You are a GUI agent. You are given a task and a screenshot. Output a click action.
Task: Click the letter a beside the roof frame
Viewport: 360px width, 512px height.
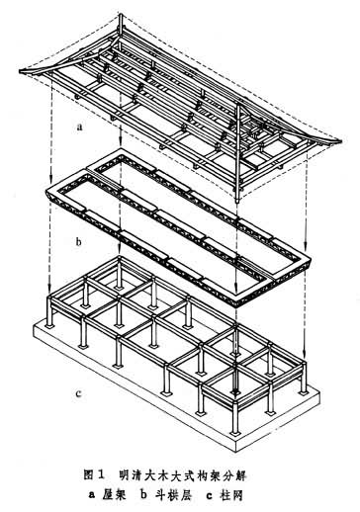coord(79,128)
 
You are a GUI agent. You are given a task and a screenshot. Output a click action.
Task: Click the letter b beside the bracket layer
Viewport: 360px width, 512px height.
coord(79,241)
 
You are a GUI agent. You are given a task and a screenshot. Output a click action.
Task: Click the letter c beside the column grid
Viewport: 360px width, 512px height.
coord(78,393)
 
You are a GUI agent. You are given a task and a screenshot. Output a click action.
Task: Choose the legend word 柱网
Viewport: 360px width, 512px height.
coord(231,495)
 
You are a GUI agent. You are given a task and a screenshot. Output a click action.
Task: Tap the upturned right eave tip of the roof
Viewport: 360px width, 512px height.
coord(339,141)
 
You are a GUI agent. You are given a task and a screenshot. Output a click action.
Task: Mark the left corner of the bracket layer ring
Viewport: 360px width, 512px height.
coord(46,190)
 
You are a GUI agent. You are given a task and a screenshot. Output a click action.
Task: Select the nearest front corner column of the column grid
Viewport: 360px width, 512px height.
coord(234,416)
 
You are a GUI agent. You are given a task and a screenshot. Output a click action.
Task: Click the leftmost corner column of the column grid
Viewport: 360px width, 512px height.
coord(49,311)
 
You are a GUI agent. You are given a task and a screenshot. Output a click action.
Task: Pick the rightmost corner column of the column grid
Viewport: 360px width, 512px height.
coord(304,379)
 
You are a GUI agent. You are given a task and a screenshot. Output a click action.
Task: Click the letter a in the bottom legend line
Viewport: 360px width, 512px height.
coord(91,496)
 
